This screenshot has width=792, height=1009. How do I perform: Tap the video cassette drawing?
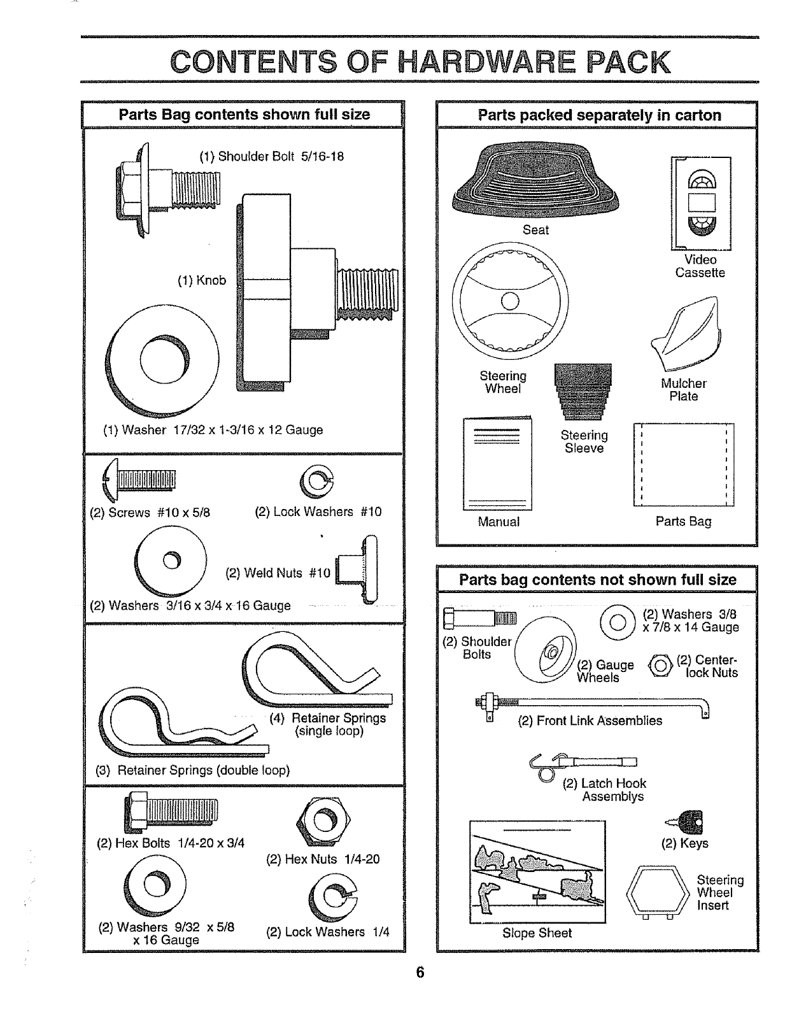point(701,203)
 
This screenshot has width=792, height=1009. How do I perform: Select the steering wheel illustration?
point(510,300)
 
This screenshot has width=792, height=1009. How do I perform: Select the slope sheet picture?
point(537,871)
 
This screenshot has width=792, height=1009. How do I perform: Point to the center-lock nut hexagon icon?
point(661,666)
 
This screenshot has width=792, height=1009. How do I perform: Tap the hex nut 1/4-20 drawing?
point(323,822)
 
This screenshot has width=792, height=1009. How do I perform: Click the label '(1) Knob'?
point(202,280)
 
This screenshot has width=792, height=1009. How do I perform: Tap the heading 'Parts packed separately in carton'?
point(599,115)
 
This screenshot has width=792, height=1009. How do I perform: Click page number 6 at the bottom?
point(420,973)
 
